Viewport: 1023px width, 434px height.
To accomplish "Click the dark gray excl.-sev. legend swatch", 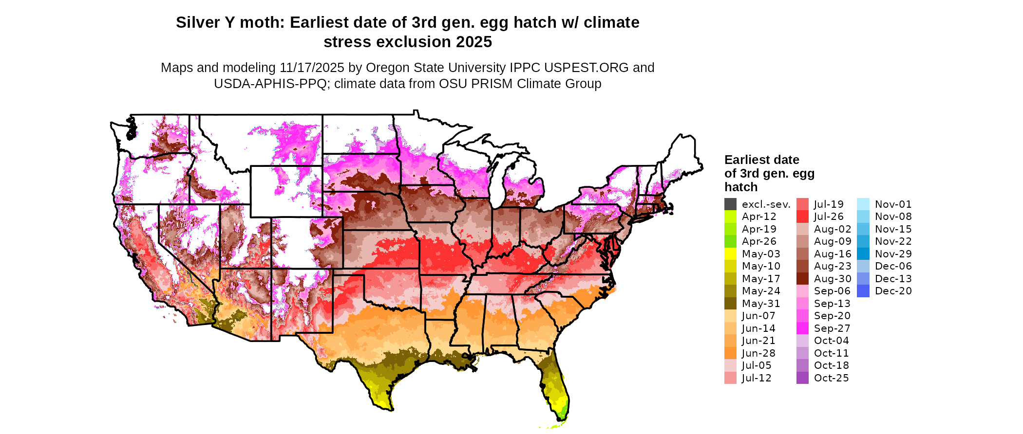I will point(730,204).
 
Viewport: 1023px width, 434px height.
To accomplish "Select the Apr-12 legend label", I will point(759,217).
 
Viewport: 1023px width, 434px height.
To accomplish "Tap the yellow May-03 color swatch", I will point(730,254).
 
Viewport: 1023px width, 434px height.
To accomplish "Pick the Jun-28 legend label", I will point(758,353).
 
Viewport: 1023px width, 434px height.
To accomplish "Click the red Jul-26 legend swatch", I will point(802,217).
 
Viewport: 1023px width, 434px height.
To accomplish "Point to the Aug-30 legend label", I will point(833,279).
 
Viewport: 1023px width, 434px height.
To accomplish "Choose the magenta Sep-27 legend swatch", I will point(802,328).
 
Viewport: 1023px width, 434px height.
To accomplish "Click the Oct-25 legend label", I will point(831,378).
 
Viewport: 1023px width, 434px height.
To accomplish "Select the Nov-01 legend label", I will point(893,204).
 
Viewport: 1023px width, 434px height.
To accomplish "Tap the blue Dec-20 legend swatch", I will point(863,291).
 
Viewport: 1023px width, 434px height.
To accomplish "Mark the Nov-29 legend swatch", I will point(863,254).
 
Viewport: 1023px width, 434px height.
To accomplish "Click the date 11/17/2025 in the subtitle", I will point(312,68).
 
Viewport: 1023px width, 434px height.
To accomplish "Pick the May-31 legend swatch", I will point(730,304).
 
